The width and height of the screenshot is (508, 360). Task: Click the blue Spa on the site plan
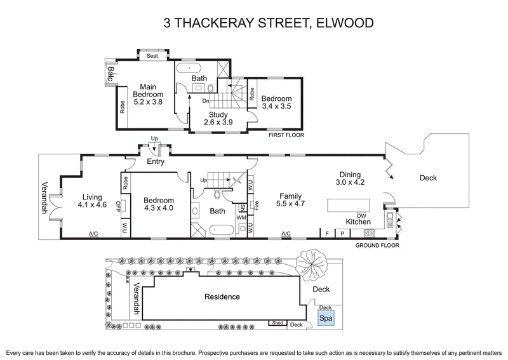coord(325,318)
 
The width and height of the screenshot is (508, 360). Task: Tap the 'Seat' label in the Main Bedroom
coord(152,56)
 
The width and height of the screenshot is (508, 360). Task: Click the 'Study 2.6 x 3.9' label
coord(218,119)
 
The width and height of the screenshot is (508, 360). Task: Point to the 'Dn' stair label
coord(206,101)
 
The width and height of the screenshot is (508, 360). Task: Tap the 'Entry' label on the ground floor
coord(155,163)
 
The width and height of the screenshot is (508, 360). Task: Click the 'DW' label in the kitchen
coord(361,215)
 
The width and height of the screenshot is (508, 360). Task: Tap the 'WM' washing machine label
coord(242,217)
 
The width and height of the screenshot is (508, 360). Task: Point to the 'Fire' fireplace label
coord(256,206)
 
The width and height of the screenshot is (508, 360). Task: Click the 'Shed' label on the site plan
coord(277,323)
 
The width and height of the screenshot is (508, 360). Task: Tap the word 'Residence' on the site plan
coord(222,297)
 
